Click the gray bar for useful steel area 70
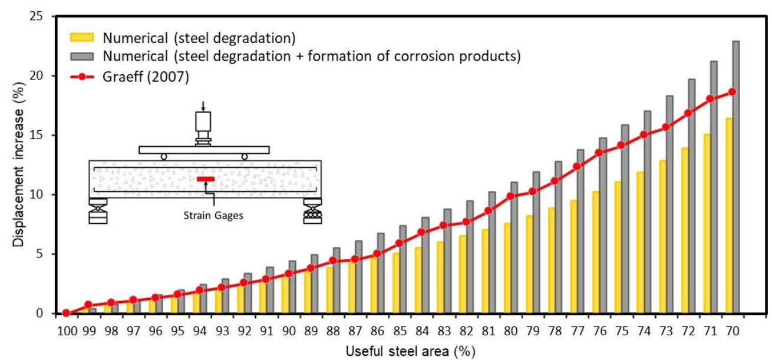[x=736, y=177]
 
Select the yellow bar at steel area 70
[x=729, y=216]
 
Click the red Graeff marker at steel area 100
[x=66, y=313]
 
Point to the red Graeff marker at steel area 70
[x=732, y=92]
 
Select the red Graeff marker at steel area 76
[x=599, y=153]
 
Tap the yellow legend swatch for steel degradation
[x=83, y=38]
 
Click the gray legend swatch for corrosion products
[x=83, y=57]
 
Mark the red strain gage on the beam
[x=205, y=179]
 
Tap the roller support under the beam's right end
[x=312, y=214]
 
